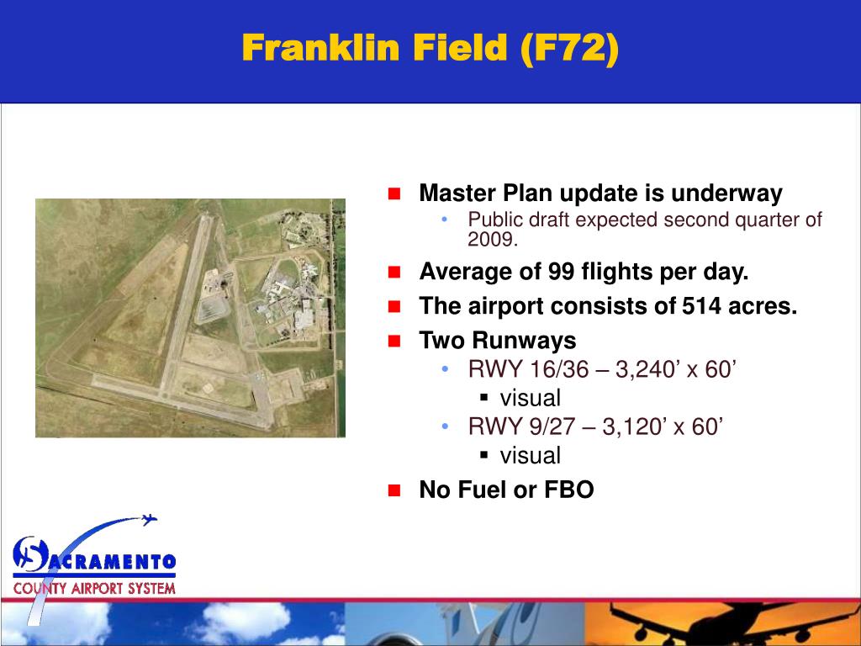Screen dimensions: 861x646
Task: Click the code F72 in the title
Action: pos(571,48)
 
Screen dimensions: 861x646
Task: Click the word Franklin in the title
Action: pos(320,47)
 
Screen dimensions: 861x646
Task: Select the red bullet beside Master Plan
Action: pos(394,194)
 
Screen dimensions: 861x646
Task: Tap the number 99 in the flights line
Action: pos(561,272)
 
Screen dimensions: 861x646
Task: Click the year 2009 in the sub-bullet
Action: pos(491,240)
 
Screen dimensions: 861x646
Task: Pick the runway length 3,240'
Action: pos(647,369)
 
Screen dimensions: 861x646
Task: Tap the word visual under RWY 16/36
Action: pos(530,398)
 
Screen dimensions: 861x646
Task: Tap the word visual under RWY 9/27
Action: pos(530,455)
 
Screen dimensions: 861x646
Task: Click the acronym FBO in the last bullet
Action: pos(569,490)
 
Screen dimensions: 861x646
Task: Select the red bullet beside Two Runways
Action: pos(394,342)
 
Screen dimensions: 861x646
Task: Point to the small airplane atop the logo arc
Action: pos(149,519)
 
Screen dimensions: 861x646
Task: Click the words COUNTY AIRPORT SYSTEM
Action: pos(94,588)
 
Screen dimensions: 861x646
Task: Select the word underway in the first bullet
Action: pos(726,193)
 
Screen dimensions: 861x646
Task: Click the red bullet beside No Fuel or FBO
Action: pos(394,490)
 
